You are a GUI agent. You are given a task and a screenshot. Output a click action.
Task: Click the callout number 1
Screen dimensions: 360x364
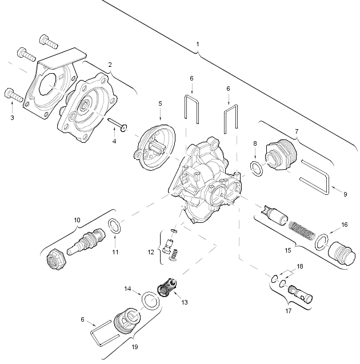198,44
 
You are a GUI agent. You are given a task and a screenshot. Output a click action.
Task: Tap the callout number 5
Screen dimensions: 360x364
160,103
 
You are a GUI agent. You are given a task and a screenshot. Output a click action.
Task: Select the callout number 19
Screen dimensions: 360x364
135,347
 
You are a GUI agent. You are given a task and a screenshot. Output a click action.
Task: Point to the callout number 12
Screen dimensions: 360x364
151,252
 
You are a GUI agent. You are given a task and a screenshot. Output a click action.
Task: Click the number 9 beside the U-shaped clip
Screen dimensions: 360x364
345,194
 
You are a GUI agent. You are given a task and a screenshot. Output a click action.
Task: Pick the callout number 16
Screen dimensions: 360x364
345,225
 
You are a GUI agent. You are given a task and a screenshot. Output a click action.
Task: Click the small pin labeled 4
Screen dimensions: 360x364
118,124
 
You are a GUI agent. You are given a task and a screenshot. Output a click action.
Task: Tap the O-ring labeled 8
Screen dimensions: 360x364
257,168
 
